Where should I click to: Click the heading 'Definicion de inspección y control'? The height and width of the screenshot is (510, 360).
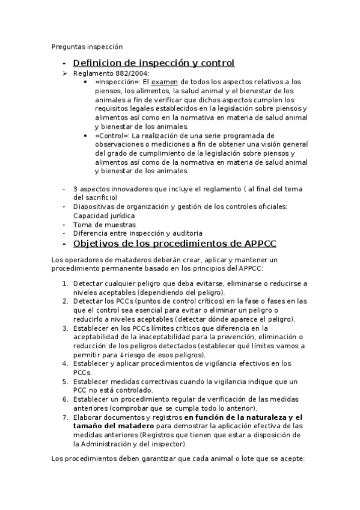pyautogui.click(x=153, y=63)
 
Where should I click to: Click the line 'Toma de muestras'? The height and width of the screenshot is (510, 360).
pyautogui.click(x=100, y=224)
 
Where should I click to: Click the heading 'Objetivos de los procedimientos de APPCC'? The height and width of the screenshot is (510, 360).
pyautogui.click(x=174, y=244)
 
